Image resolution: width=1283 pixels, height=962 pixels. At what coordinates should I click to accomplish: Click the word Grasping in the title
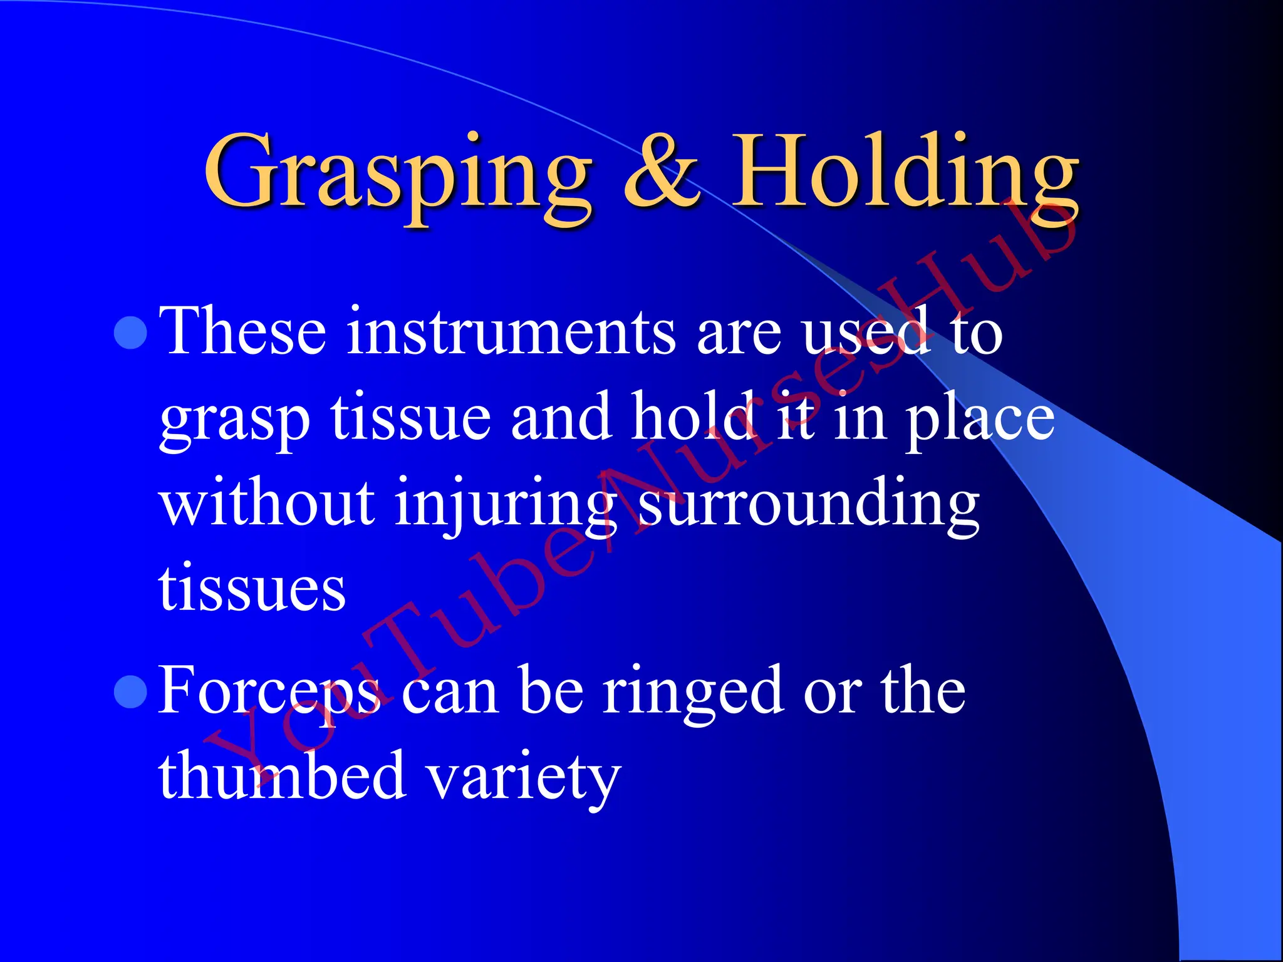point(397,172)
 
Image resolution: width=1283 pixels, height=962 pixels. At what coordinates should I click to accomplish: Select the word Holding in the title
point(906,172)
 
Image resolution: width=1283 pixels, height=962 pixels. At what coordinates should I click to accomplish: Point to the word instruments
point(511,332)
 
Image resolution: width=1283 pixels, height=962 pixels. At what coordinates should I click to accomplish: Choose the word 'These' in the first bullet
point(242,332)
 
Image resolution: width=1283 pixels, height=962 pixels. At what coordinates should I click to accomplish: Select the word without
point(267,504)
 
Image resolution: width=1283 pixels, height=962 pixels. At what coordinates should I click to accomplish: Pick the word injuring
point(505,504)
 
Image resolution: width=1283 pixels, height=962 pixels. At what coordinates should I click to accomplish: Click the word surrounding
point(809,504)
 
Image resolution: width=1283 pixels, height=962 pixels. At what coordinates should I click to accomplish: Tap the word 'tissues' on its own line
point(252,589)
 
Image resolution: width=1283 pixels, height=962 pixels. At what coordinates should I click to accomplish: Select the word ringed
point(693,691)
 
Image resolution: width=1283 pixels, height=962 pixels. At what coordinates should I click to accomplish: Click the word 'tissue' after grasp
point(411,418)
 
